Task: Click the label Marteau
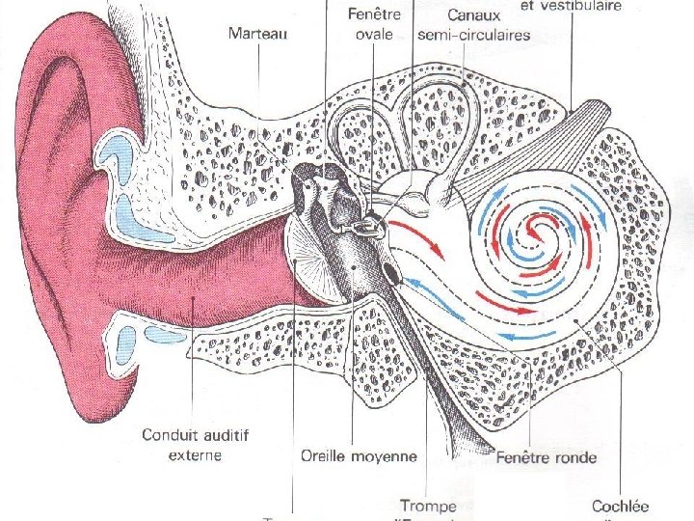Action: coord(258,33)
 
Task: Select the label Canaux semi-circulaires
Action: coord(473,26)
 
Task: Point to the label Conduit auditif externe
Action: coord(195,445)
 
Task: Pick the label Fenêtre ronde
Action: coord(546,456)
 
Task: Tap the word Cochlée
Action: coord(621,506)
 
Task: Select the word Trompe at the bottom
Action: coord(428,506)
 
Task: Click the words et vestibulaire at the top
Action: coord(570,6)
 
